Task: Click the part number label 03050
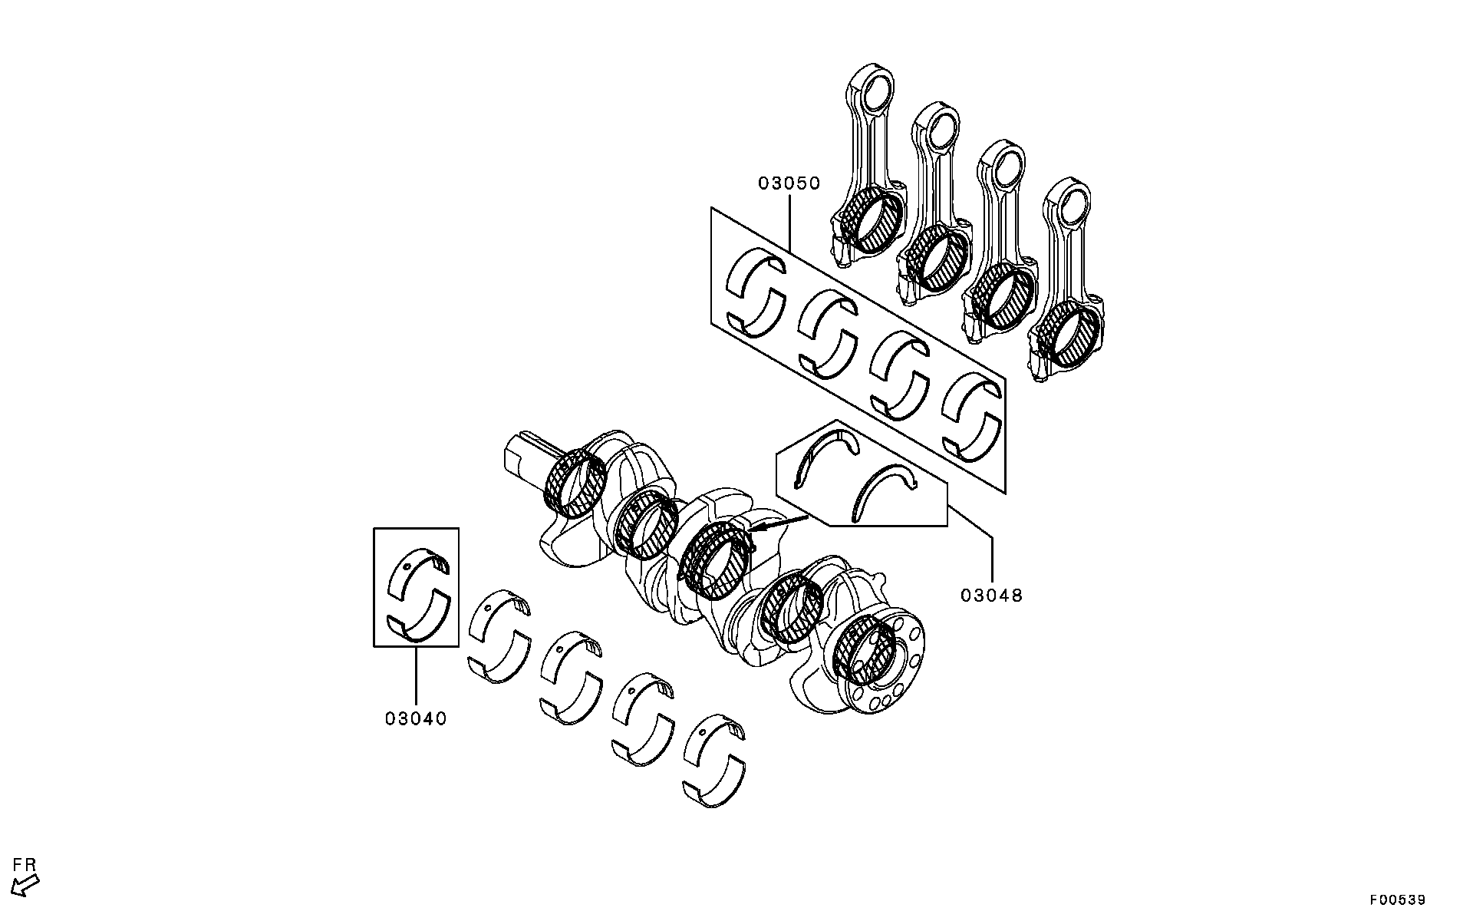pos(789,183)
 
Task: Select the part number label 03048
pos(991,595)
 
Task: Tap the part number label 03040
pos(415,718)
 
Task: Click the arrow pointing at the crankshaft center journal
pos(779,524)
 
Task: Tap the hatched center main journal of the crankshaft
pos(713,560)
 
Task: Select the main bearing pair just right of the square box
pos(499,636)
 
